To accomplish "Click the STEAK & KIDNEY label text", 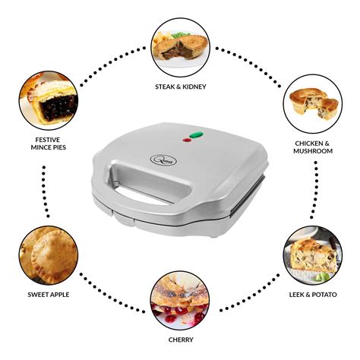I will pyautogui.click(x=180, y=87).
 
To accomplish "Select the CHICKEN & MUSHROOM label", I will pyautogui.click(x=312, y=146).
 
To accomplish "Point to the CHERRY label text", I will pyautogui.click(x=180, y=339).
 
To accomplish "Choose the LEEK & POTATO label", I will pyautogui.click(x=312, y=293).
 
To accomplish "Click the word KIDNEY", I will pyautogui.click(x=194, y=87).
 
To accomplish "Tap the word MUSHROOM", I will pyautogui.click(x=312, y=150).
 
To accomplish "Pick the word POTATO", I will pyautogui.click(x=323, y=293).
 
